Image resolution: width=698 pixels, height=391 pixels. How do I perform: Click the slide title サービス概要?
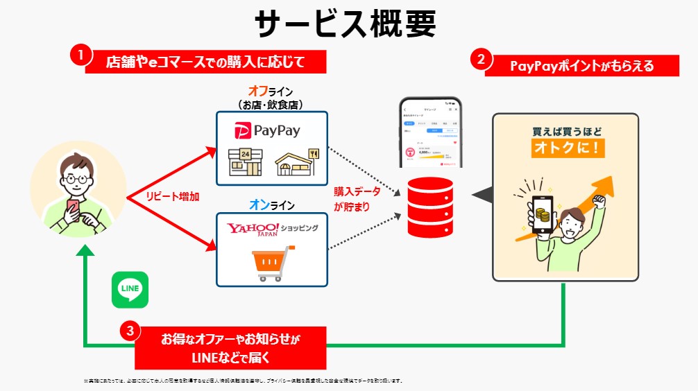(345, 24)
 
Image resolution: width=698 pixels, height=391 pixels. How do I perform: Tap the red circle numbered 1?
(81, 55)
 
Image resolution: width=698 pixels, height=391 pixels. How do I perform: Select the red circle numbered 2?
(481, 59)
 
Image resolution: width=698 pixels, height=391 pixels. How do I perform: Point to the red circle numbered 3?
(130, 331)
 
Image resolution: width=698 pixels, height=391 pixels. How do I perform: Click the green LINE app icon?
(130, 289)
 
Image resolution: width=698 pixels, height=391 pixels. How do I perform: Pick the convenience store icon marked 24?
(246, 162)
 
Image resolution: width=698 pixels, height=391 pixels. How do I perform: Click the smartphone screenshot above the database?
(430, 132)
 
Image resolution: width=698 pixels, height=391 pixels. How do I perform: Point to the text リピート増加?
(172, 196)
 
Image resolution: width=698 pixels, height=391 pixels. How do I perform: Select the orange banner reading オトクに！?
(566, 148)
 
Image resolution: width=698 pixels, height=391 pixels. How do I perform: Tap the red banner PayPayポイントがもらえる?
(581, 66)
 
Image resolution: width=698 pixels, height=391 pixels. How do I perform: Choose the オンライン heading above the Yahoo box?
(271, 205)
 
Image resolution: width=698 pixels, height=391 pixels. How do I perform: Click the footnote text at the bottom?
(244, 381)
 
